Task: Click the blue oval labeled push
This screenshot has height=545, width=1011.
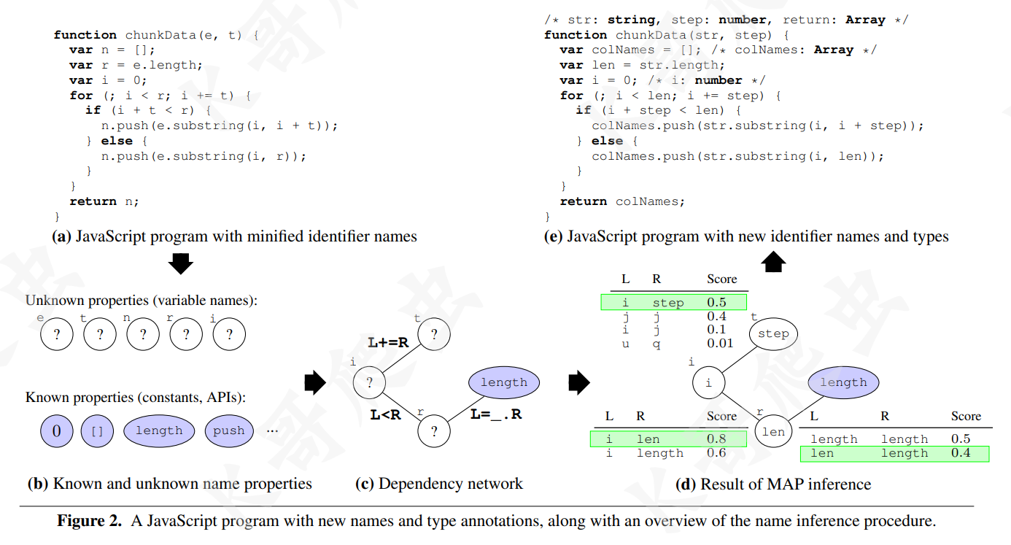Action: [x=228, y=430]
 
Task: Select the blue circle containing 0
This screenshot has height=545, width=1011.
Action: [x=57, y=430]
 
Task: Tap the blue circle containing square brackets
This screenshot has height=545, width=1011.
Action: [x=97, y=430]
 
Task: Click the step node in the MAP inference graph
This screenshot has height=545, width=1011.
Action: [x=773, y=334]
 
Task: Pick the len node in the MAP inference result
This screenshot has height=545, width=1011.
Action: [x=772, y=432]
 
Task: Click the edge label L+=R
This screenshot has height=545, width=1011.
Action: [x=388, y=341]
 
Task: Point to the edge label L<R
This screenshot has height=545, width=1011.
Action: [x=385, y=415]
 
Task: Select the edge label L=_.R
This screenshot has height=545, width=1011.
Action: [x=496, y=414]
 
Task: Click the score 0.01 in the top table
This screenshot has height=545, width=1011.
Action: [x=720, y=343]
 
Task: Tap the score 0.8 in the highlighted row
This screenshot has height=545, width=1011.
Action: [x=716, y=438]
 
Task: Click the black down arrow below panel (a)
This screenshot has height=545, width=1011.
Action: [x=180, y=263]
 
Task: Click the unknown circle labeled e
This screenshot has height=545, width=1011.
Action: [x=57, y=335]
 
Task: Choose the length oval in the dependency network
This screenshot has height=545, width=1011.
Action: [x=503, y=382]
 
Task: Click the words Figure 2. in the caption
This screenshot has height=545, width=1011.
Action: [x=90, y=521]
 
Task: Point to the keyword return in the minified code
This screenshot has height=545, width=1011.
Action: [x=93, y=201]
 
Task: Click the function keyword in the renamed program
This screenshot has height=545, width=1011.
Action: [x=576, y=35]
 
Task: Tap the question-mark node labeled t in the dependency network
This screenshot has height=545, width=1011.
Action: [x=434, y=335]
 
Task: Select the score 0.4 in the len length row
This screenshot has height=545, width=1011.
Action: [x=960, y=453]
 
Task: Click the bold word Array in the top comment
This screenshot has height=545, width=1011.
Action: [x=865, y=20]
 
